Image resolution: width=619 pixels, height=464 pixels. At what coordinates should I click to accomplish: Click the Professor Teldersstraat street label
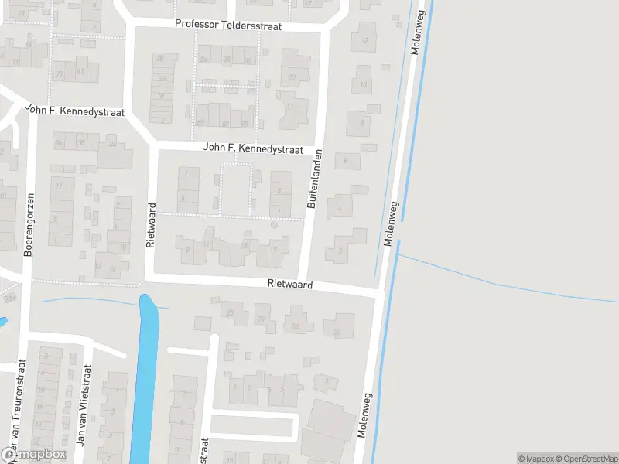pos(228,25)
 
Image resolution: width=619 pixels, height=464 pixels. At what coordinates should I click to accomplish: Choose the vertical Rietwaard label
pos(151,224)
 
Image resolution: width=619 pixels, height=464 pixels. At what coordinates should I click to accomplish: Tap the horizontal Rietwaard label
pos(290,285)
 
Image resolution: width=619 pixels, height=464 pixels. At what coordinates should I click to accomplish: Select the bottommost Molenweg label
pos(366,418)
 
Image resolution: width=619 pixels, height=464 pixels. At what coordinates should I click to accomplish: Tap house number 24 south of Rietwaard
pos(295,326)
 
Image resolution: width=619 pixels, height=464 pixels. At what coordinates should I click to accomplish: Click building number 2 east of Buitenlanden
pos(340,251)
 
